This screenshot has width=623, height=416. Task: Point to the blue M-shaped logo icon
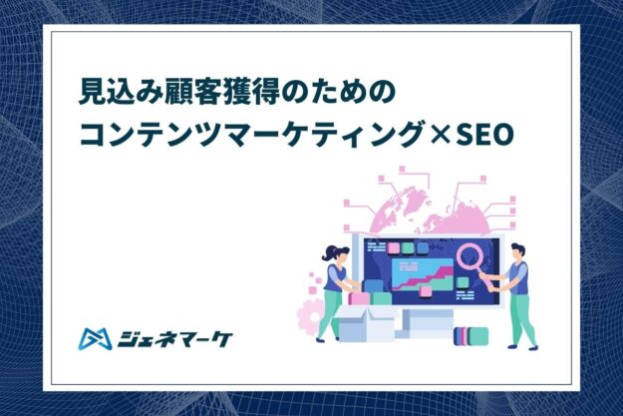pos(95,339)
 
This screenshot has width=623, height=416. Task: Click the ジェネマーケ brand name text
pos(174,339)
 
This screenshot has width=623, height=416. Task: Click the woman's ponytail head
pos(336,253)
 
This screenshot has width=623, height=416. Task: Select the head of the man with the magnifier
pos(517,252)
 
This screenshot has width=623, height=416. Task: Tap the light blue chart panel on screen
pos(422,274)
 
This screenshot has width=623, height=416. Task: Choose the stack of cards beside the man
pos(470,336)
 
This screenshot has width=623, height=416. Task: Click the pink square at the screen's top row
pos(393,248)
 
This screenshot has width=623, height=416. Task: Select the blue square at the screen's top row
pos(423,248)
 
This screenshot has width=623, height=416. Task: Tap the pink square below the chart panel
pos(426,291)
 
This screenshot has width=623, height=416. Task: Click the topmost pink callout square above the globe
pos(402,169)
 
